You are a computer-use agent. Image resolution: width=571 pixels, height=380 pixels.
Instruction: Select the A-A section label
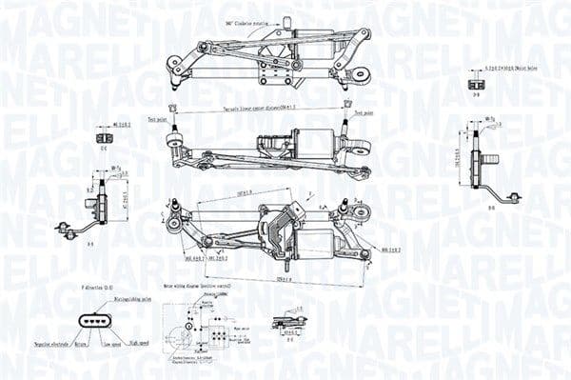[91, 244]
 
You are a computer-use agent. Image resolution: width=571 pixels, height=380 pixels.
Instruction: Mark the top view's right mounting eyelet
[360, 73]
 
